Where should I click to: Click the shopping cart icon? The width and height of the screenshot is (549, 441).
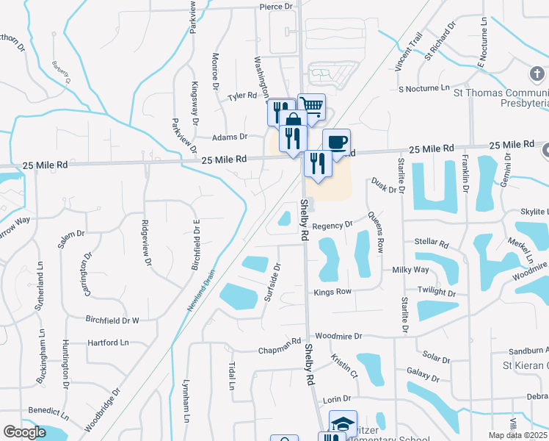pyautogui.click(x=312, y=106)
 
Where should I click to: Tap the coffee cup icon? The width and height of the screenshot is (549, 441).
pyautogui.click(x=336, y=142)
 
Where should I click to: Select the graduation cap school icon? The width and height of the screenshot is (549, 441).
pyautogui.click(x=343, y=423)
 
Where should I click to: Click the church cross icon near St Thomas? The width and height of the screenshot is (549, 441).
pyautogui.click(x=537, y=74)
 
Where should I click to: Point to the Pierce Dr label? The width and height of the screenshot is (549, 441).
pyautogui.click(x=276, y=7)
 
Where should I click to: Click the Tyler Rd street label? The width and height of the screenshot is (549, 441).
pyautogui.click(x=242, y=96)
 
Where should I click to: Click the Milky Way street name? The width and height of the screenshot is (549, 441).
pyautogui.click(x=410, y=270)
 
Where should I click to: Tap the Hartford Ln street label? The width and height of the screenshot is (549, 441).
pyautogui.click(x=108, y=343)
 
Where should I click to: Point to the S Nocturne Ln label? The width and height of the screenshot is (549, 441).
pyautogui.click(x=423, y=88)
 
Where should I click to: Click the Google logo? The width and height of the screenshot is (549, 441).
pyautogui.click(x=25, y=432)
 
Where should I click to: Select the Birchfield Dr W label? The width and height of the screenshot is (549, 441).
pyautogui.click(x=112, y=320)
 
